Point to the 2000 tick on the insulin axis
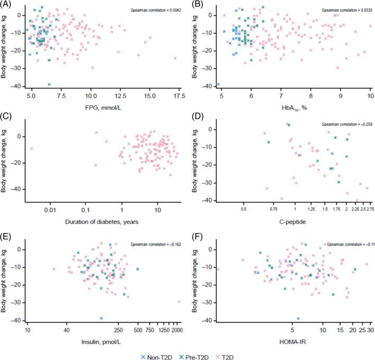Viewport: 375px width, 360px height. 177,329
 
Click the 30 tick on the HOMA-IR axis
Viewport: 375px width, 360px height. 371,329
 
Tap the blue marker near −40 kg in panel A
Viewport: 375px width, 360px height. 49,85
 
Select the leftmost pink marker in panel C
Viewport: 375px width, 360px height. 32,149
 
